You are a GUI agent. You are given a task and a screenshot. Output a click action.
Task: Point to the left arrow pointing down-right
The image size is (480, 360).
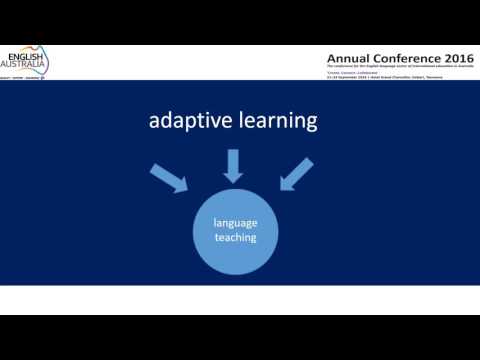(x=168, y=178)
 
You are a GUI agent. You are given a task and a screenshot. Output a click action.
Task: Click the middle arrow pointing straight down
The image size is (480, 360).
(x=233, y=165)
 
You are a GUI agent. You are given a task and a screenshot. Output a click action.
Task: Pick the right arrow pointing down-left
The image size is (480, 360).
(x=297, y=178)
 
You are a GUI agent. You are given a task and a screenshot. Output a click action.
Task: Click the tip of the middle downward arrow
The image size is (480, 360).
(x=233, y=181)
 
